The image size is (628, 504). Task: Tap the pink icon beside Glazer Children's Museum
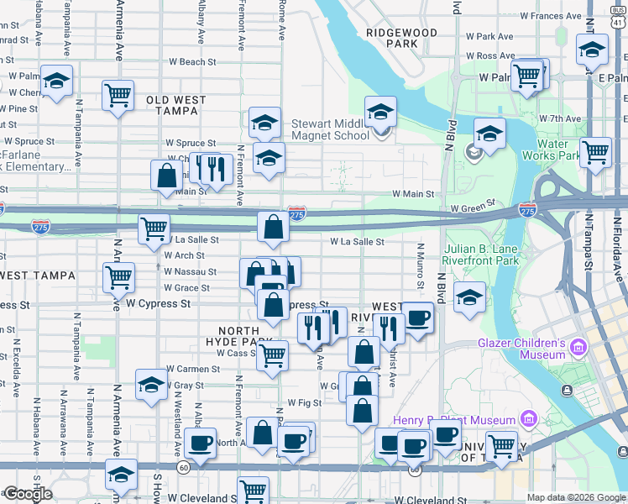click(x=578, y=347)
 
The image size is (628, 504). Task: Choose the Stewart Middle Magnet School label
click(x=329, y=129)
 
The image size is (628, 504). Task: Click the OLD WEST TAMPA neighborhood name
click(x=175, y=105)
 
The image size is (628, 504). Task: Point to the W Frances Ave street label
click(x=551, y=16)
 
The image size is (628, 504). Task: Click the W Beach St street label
click(x=192, y=62)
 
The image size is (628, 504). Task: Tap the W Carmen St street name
click(x=192, y=369)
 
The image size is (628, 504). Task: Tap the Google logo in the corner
click(x=27, y=494)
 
